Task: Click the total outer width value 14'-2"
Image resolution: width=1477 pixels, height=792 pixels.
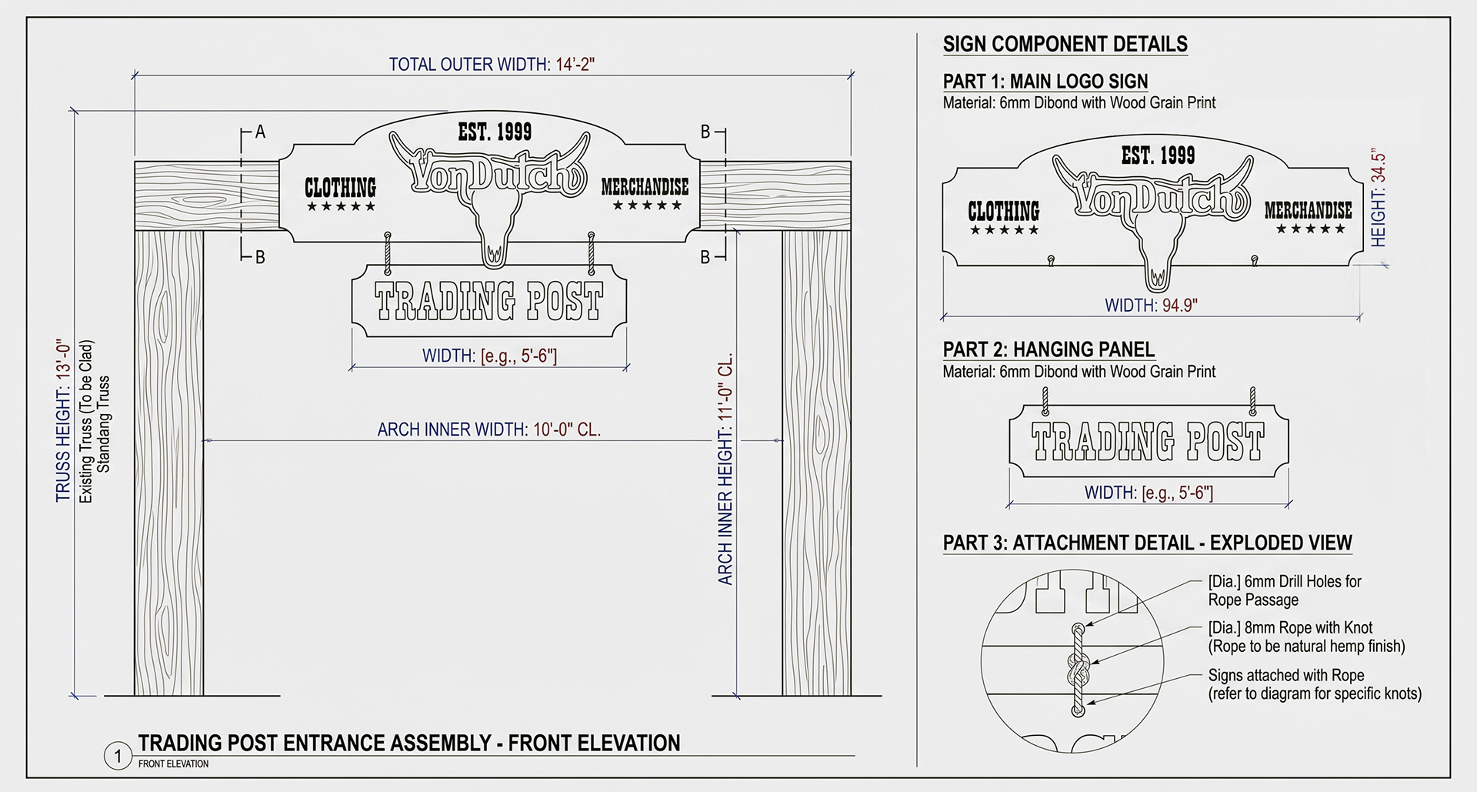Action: tap(574, 64)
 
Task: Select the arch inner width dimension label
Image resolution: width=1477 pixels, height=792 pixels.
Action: tap(489, 429)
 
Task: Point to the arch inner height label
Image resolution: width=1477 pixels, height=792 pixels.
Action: tap(725, 469)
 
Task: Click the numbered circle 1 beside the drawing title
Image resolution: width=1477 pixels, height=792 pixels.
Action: tap(118, 757)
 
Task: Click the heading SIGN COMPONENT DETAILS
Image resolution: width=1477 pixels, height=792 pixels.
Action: tap(1065, 45)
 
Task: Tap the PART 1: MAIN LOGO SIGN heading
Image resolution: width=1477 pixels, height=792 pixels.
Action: tap(1045, 82)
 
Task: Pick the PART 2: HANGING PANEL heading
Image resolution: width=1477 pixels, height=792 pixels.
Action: tap(1049, 349)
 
